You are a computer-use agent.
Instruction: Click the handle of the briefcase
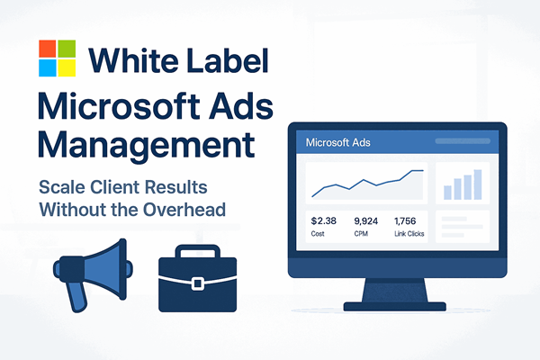point(198,249)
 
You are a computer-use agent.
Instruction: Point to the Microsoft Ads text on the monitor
point(338,142)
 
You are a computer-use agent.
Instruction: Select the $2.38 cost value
point(322,220)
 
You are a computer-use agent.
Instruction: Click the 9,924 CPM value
point(367,220)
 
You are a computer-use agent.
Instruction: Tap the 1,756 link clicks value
point(407,220)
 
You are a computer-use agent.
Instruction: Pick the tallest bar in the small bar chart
point(480,183)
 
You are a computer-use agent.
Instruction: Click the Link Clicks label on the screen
point(409,235)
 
